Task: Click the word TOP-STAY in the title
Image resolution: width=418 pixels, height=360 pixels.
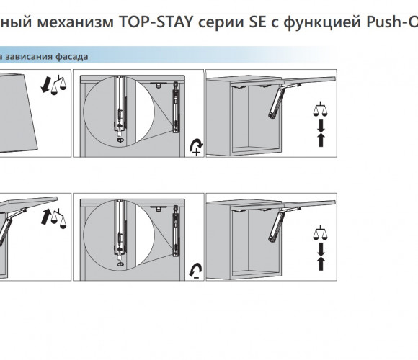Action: (156, 22)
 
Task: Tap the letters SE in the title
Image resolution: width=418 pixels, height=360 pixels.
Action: (257, 22)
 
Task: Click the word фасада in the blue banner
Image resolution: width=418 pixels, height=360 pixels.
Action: (72, 56)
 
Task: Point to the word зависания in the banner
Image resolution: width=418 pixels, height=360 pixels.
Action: (29, 56)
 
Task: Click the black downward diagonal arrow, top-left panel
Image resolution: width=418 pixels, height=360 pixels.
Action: (45, 85)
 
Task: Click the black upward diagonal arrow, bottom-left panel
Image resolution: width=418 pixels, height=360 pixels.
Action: (46, 217)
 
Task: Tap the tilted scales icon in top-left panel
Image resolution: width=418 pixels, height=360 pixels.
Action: (58, 85)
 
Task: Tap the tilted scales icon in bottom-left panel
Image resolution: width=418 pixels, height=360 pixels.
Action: (59, 219)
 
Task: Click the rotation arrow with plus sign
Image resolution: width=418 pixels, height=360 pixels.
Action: (196, 147)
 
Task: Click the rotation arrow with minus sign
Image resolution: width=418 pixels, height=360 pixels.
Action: (195, 271)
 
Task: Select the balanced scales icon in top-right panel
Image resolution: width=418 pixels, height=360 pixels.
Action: (321, 109)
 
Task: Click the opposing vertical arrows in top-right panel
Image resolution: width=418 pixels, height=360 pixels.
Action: (321, 132)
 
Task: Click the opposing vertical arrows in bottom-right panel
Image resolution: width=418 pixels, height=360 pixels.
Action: (321, 256)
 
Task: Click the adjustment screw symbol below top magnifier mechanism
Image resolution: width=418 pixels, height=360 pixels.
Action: (120, 140)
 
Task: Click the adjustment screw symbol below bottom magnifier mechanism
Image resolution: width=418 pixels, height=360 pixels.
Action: (120, 264)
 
